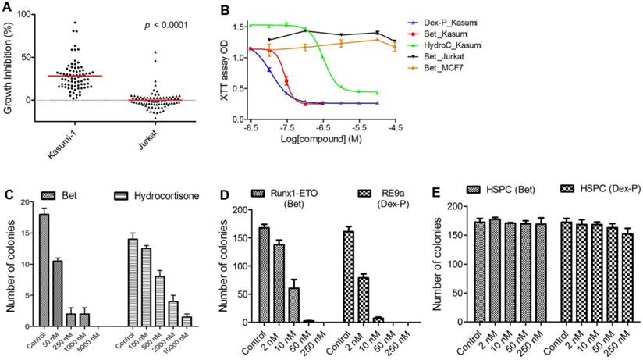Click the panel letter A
7,8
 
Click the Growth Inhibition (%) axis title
10,67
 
